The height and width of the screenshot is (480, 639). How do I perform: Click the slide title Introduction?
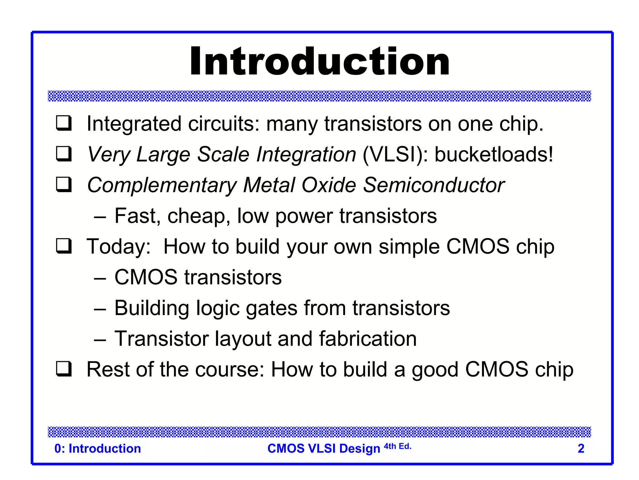pyautogui.click(x=319, y=62)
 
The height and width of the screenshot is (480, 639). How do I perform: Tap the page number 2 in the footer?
pyautogui.click(x=581, y=448)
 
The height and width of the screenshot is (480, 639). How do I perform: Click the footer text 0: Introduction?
pyautogui.click(x=98, y=448)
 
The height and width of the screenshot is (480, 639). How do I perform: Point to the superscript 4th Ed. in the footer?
pyautogui.click(x=398, y=446)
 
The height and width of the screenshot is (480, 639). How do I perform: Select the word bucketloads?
pyautogui.click(x=494, y=154)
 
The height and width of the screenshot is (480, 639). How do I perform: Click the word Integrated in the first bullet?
pyautogui.click(x=134, y=124)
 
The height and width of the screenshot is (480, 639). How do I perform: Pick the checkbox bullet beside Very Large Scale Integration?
pyautogui.click(x=64, y=153)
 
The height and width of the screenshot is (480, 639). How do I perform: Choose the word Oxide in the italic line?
pyautogui.click(x=329, y=185)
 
